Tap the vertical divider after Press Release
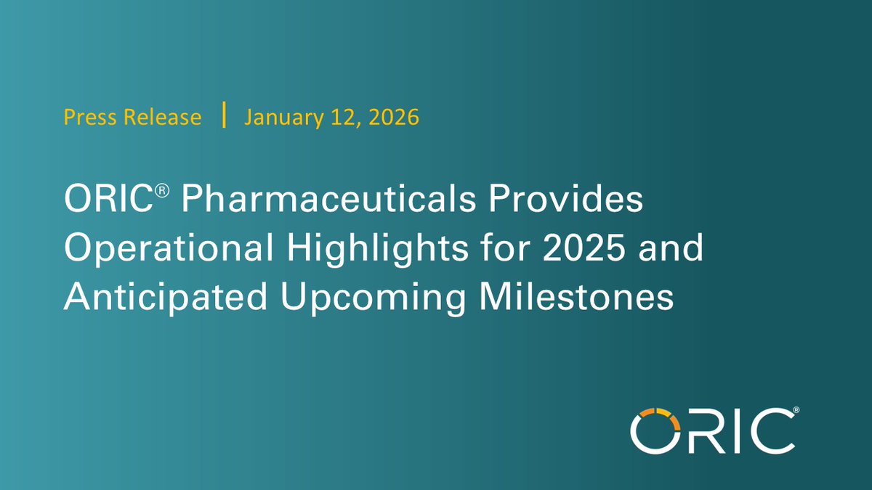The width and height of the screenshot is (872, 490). click(224, 116)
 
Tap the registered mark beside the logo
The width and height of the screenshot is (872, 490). click(796, 412)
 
